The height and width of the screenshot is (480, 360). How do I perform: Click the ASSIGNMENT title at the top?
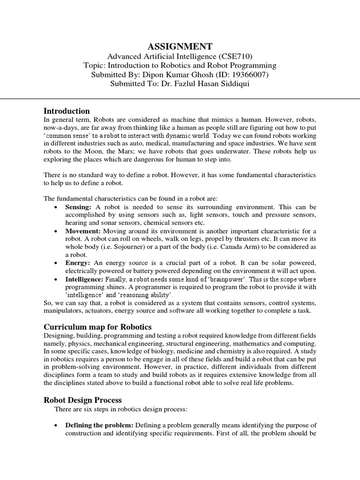pos(180,46)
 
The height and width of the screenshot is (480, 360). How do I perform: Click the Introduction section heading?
pos(67,111)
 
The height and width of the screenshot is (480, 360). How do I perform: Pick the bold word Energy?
pos(77,263)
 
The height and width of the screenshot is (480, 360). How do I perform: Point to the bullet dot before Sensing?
pos(56,207)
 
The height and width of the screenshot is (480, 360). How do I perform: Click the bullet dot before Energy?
pos(56,263)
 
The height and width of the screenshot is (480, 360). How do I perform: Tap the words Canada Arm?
pos(225,247)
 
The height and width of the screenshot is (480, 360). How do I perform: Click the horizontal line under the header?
pos(180,98)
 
